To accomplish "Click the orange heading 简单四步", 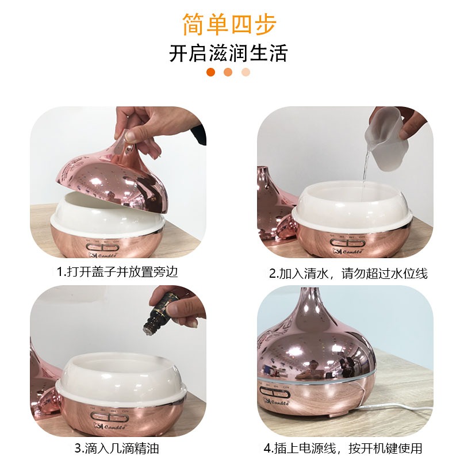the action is click(x=229, y=24).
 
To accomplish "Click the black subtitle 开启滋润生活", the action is click(x=228, y=53).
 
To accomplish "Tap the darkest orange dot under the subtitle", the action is click(x=210, y=72).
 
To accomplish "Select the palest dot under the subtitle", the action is click(x=246, y=72).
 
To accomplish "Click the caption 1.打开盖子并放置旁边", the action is click(x=117, y=271).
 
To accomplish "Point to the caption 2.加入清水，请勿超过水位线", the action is click(x=348, y=273).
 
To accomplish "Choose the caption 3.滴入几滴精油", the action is click(x=117, y=448).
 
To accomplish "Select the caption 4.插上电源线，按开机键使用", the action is click(x=343, y=448).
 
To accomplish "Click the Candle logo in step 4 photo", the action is click(x=276, y=401).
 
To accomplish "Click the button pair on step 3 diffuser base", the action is click(x=108, y=416).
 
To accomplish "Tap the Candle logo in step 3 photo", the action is click(x=110, y=426).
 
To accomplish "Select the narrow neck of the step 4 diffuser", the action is click(x=310, y=302).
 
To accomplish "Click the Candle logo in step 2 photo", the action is click(x=348, y=251).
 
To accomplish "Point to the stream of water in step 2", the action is click(x=365, y=167).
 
